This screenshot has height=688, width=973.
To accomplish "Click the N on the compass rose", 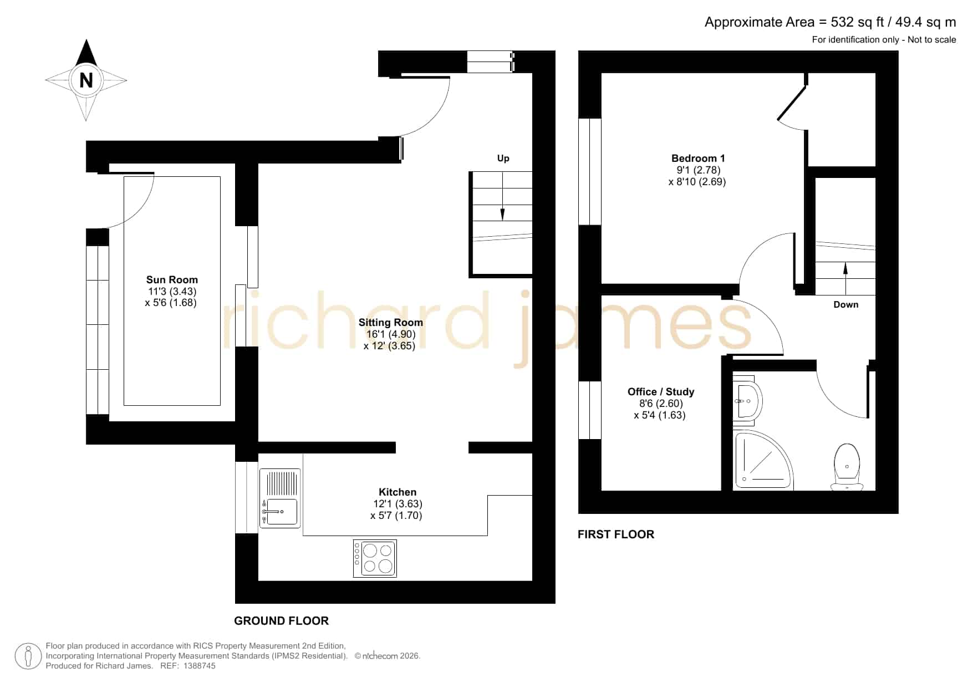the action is (x=86, y=80).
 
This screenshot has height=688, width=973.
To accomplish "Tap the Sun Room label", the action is (x=172, y=280).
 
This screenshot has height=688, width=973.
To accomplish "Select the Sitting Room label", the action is (x=390, y=323).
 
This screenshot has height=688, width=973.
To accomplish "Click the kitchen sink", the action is (x=280, y=498).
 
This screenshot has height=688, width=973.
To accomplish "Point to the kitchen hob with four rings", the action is (x=375, y=558).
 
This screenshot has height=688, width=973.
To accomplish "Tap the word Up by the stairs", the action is (x=503, y=159).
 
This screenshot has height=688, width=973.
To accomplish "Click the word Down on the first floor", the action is (x=845, y=304).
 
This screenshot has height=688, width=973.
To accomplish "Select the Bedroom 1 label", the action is (x=698, y=159).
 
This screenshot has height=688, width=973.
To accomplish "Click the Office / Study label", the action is (x=660, y=392).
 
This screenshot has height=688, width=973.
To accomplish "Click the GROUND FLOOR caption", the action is (x=281, y=621).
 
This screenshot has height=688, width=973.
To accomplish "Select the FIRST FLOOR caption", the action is (x=615, y=534).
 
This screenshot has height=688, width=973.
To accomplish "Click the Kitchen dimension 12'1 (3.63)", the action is (x=398, y=504).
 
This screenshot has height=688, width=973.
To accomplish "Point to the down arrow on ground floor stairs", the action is (x=502, y=196).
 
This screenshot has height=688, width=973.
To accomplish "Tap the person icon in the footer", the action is (x=28, y=656).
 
